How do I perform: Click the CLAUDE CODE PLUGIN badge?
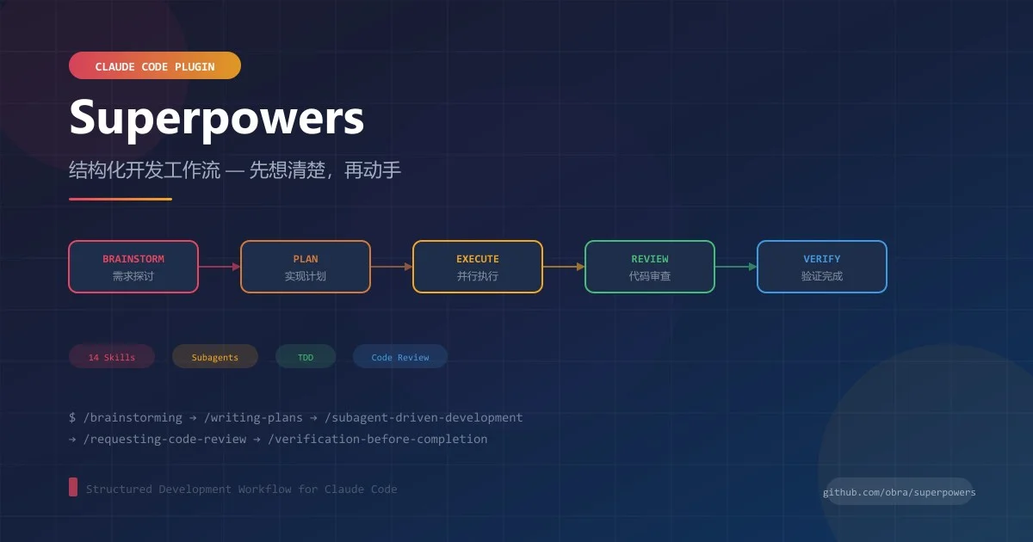(154, 65)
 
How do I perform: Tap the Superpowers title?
(217, 118)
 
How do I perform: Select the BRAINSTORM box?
(133, 267)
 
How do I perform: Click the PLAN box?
(306, 267)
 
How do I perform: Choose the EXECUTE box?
(477, 267)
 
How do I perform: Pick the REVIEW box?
(650, 267)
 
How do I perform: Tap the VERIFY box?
(822, 267)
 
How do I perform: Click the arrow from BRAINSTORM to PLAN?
(220, 267)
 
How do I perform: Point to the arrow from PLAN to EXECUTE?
(392, 267)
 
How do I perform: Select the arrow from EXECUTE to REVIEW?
(564, 267)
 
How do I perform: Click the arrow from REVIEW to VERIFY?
(736, 267)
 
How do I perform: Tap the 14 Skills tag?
(112, 356)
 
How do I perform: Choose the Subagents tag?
(215, 356)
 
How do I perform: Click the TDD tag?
(306, 356)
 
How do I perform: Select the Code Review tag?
(400, 356)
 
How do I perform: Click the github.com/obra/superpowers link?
(900, 492)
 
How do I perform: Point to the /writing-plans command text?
(253, 417)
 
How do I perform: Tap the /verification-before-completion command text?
(378, 439)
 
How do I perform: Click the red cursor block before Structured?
(73, 487)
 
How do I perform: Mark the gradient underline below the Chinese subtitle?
(121, 199)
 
